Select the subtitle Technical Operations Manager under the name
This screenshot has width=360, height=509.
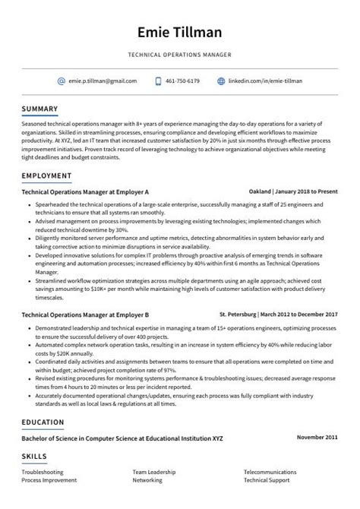coord(180,55)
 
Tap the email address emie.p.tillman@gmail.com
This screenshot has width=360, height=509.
coord(103,81)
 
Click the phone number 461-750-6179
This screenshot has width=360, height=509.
coord(183,81)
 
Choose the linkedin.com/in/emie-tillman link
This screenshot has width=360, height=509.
coord(266,81)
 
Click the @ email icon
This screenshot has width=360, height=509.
coord(62,81)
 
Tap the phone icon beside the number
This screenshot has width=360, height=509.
coord(159,81)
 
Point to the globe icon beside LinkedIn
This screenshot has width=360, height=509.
coord(222,81)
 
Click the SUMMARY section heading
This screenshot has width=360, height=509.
coord(39,109)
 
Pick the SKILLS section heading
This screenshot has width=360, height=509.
coord(34,456)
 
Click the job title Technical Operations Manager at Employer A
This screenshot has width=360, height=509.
coord(85,191)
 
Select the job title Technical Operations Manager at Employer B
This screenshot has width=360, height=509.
coord(85,314)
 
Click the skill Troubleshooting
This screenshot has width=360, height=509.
coord(43,473)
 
